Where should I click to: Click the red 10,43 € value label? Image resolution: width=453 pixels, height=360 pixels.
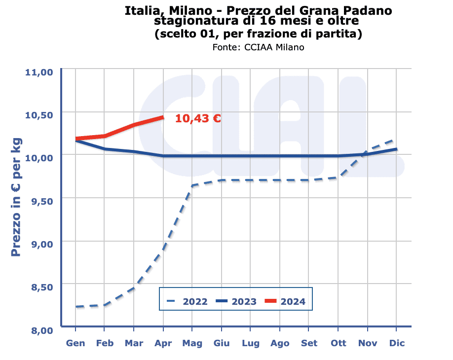click(x=197, y=118)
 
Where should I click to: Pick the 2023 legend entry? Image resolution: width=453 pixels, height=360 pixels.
click(x=236, y=301)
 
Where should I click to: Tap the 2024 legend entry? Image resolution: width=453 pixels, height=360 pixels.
click(x=285, y=301)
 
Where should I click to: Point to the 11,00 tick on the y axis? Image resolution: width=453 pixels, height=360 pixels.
click(x=38, y=72)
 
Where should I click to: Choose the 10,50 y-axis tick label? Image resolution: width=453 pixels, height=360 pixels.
click(x=38, y=115)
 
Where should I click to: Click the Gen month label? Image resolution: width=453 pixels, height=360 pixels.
click(x=75, y=343)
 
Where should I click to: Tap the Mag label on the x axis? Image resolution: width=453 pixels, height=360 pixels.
click(x=192, y=343)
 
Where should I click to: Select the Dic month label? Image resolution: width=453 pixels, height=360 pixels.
click(x=397, y=343)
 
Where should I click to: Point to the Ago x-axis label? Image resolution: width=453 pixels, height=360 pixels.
click(x=280, y=343)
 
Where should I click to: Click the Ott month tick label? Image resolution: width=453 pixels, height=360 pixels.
click(x=338, y=343)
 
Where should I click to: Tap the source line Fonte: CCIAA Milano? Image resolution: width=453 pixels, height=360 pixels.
click(x=258, y=47)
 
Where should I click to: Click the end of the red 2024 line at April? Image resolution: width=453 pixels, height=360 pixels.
click(x=163, y=117)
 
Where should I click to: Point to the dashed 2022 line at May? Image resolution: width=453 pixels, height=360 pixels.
click(x=192, y=186)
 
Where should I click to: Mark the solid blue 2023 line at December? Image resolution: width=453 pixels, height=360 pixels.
click(x=396, y=149)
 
